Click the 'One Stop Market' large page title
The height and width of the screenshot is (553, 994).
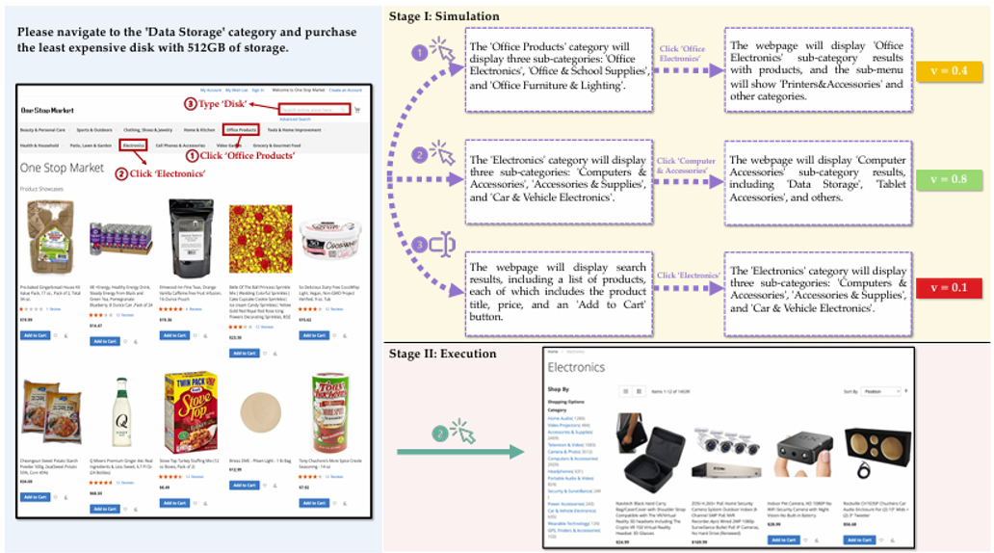[62, 168]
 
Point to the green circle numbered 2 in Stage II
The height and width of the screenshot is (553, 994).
[440, 434]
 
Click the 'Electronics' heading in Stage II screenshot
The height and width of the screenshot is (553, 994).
[576, 367]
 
